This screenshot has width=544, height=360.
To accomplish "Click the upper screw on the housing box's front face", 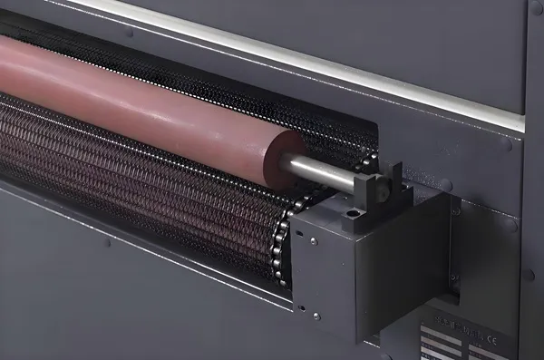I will pos(313,241).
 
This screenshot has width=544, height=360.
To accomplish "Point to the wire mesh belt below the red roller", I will pos(136,172).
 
